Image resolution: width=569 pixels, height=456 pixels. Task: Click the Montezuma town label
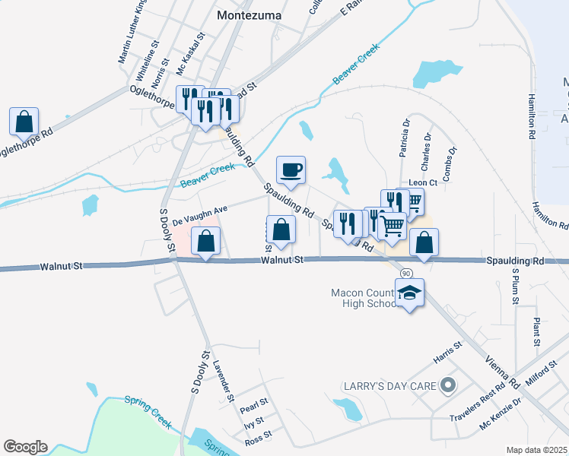249,15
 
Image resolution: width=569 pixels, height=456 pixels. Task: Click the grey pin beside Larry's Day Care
448,386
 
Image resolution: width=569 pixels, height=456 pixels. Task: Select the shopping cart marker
393,225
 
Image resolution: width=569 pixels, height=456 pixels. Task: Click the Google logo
25,447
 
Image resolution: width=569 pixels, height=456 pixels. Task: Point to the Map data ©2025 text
536,450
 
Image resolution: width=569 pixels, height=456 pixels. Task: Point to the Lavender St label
224,381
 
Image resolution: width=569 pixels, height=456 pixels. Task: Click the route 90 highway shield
407,273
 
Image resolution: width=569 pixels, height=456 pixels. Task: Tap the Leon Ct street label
423,182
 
